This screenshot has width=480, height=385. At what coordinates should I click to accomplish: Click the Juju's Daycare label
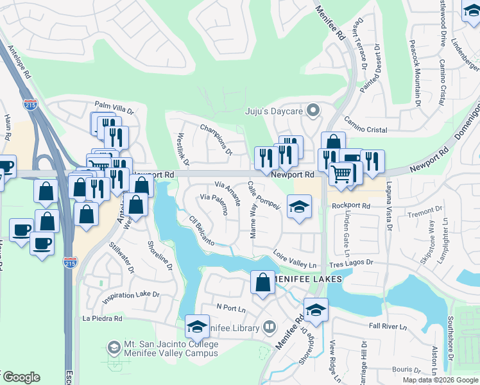pyautogui.click(x=274, y=111)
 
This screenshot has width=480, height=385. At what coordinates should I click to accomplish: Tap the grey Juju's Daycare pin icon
pyautogui.click(x=313, y=111)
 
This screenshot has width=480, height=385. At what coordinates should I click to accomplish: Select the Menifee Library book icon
pyautogui.click(x=269, y=328)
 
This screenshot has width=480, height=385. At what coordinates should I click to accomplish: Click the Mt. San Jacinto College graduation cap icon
pyautogui.click(x=114, y=348)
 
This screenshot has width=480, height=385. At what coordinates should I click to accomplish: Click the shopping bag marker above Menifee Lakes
pyautogui.click(x=262, y=283)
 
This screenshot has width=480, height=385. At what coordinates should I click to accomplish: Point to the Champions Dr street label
pyautogui.click(x=216, y=139)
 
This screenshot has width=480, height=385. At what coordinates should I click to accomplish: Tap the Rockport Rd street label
pyautogui.click(x=352, y=206)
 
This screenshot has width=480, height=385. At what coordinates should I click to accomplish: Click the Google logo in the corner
pyautogui.click(x=21, y=377)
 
